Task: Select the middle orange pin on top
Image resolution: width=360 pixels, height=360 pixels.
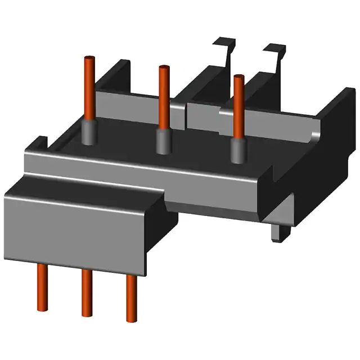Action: point(163,96)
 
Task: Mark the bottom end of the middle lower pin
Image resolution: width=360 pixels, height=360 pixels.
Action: point(87,313)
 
